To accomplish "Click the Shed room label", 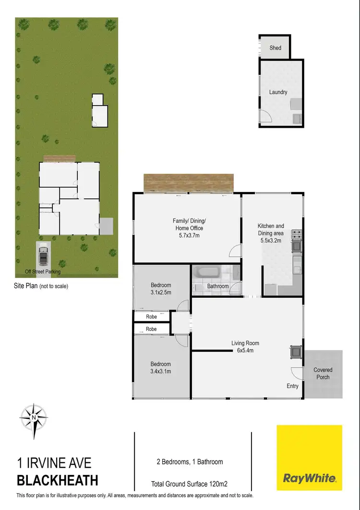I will tap(276, 48).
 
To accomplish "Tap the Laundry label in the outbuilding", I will tap(278, 92).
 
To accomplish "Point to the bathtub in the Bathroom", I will tap(208, 274).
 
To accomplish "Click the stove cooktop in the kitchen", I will tap(298, 235).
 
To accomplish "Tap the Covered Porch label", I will tap(323, 374).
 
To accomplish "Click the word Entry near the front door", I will tap(292, 386).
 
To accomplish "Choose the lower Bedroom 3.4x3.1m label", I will tap(161, 368).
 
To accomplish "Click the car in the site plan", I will tap(43, 255).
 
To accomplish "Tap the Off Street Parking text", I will tap(43, 272).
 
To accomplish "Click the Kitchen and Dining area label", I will tap(271, 233).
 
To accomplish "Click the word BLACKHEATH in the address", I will tap(58, 480).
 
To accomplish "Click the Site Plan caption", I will tap(41, 286).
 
